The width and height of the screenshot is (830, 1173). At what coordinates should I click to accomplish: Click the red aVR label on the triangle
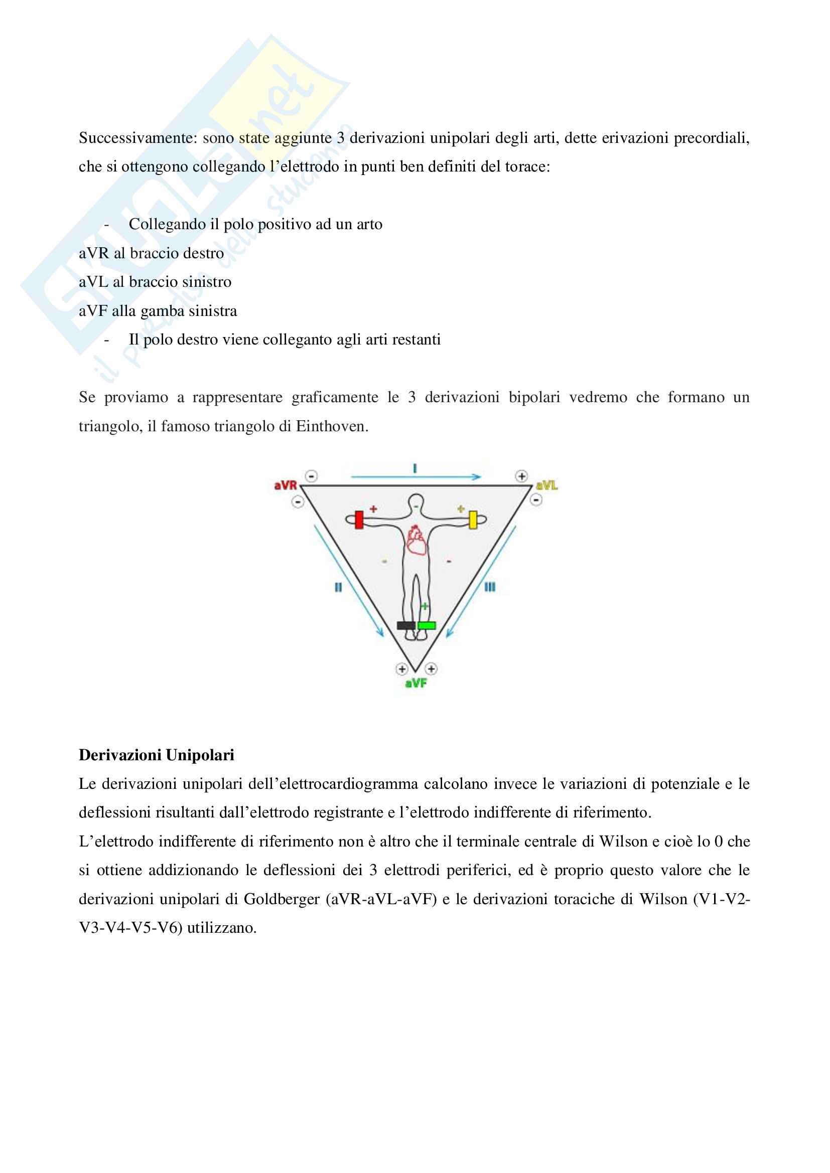pos(285,485)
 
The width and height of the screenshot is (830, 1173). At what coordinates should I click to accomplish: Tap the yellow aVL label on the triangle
pos(547,485)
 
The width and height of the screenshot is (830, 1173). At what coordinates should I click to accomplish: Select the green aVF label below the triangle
pos(416,683)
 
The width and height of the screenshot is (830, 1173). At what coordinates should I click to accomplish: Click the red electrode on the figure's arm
pos(359,520)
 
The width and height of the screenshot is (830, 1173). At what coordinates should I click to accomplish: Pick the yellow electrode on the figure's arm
pos(473,520)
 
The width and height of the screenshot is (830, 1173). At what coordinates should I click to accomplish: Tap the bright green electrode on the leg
pos(426,625)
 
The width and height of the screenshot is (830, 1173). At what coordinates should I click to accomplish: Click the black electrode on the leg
pos(406,625)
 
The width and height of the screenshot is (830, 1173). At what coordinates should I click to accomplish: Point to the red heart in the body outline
pos(416,541)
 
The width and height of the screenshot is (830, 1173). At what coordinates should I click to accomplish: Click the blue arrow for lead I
pos(416,476)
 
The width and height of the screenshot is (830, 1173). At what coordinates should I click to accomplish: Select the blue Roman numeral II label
pos(338,588)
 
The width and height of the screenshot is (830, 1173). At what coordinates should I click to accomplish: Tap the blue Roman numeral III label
pos(490,587)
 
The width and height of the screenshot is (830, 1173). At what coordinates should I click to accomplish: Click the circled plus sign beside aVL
pos(521,476)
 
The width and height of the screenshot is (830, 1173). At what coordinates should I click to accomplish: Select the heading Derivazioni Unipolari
pos(157,755)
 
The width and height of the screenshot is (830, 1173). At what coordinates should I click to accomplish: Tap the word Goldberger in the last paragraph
pos(282,899)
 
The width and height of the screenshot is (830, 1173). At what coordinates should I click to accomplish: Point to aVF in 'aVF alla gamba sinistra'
pos(93,310)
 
